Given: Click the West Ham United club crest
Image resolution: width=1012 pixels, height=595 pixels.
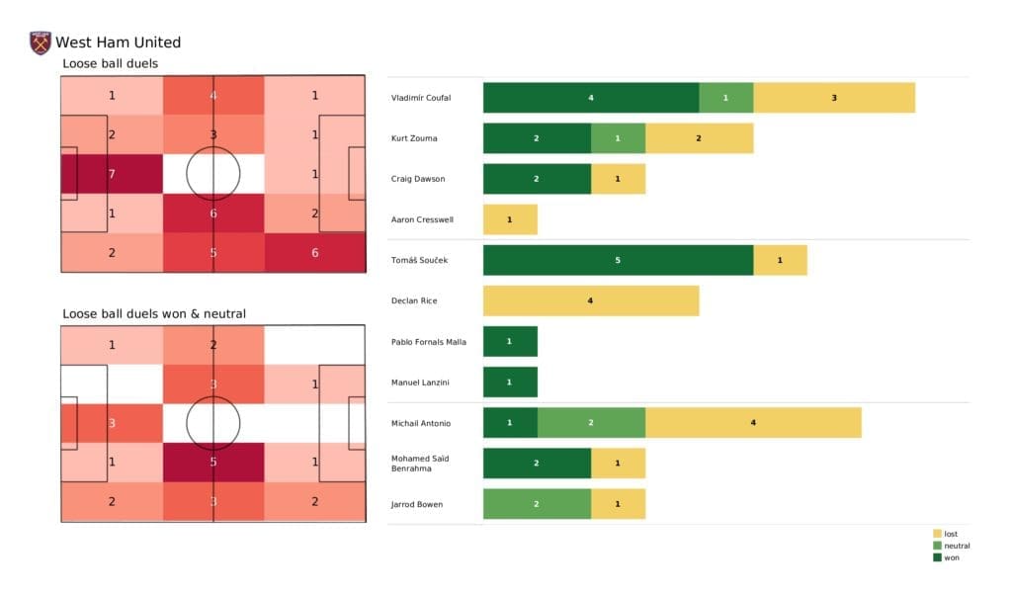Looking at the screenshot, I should [41, 42].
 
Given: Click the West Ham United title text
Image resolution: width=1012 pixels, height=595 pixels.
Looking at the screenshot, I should [118, 42].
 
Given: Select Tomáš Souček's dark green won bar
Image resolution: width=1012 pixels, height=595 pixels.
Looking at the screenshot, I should [618, 260].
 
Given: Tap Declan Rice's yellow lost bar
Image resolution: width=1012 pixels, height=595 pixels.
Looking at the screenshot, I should [591, 300].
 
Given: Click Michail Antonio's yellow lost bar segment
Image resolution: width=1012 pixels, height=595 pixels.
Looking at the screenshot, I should [753, 423].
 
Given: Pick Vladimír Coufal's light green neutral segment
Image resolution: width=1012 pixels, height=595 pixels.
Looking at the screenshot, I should [726, 98].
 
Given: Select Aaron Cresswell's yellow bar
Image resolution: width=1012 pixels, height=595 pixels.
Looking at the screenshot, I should [510, 219].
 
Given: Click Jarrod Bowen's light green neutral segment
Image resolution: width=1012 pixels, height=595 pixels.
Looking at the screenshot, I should [537, 504].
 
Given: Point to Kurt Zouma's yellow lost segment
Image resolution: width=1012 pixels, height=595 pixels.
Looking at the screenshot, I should [699, 138].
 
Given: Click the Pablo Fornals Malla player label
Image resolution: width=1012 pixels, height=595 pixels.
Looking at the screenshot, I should [429, 342].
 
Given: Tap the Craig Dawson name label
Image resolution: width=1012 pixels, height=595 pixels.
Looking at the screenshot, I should [417, 179].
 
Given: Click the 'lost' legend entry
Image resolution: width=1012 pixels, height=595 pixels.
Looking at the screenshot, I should [950, 534].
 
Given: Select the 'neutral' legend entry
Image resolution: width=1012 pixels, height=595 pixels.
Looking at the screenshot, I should [956, 546].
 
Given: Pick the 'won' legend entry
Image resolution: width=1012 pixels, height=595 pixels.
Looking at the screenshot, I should [951, 557].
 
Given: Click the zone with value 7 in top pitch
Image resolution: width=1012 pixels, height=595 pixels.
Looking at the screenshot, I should [112, 174].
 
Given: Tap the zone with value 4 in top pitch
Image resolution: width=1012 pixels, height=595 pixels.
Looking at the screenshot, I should [213, 96].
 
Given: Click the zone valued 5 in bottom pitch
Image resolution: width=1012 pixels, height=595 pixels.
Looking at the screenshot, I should [213, 462].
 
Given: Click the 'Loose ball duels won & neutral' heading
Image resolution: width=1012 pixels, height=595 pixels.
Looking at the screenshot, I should [154, 314].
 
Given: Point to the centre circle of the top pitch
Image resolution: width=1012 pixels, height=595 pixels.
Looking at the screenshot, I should [213, 174].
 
